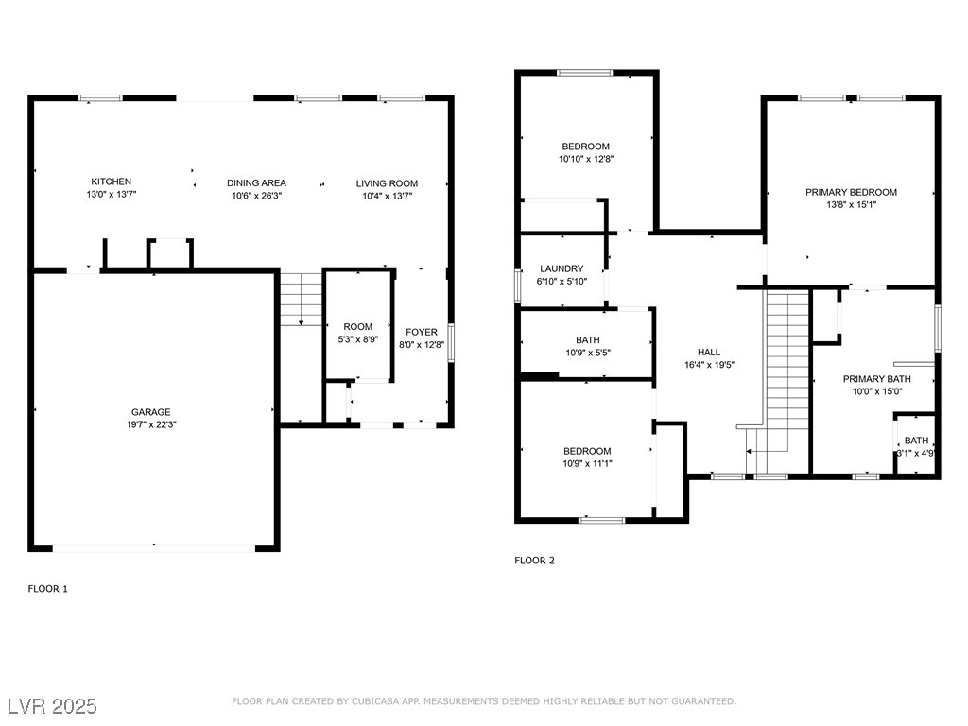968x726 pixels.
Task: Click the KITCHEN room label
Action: [112, 181]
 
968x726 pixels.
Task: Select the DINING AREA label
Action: [256, 182]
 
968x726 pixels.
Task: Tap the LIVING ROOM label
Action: [387, 183]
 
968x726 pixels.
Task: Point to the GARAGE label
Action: [150, 412]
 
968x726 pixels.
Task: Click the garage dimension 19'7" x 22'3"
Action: [151, 424]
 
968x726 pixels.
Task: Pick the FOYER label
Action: [422, 332]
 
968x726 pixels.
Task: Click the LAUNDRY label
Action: [562, 268]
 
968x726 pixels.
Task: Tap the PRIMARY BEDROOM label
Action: [852, 192]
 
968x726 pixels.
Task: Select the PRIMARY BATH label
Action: [877, 379]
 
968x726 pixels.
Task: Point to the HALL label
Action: [709, 352]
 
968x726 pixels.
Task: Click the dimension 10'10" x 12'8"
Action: [586, 159]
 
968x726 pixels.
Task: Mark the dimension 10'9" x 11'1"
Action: [587, 463]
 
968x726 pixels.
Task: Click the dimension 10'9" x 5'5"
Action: [588, 354]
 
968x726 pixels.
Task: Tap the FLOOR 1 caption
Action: [47, 589]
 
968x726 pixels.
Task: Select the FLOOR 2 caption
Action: [535, 561]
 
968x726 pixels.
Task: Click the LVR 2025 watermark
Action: [53, 706]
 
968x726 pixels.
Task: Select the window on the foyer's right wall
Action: [451, 342]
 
